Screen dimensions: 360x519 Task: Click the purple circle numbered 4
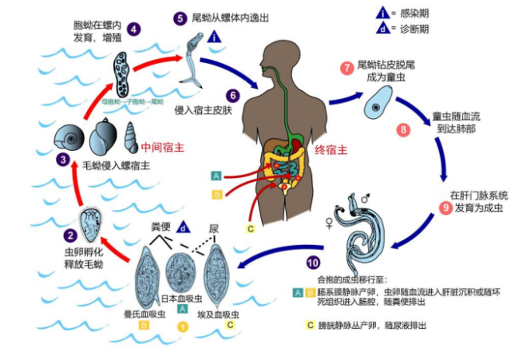(134, 29)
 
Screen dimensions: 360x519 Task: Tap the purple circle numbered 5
(180, 17)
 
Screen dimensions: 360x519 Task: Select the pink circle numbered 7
(347, 68)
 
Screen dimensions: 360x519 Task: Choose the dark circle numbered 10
(313, 262)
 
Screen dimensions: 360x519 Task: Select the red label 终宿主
(333, 149)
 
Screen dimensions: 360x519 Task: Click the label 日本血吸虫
(183, 298)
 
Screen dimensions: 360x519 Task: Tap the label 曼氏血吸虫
(144, 315)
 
